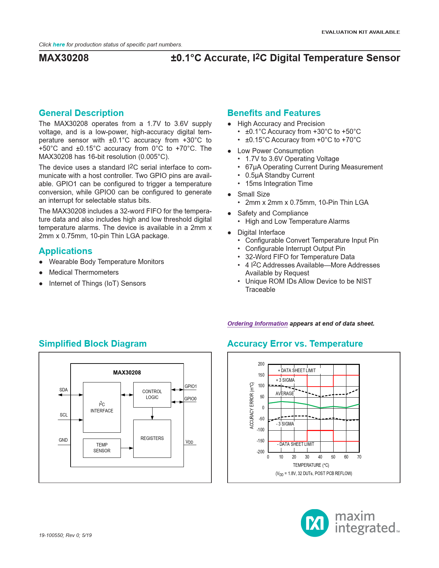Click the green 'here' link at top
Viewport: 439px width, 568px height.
tap(59, 45)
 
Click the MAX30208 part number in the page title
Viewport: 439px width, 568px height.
tap(64, 58)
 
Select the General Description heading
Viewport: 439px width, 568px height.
tap(81, 113)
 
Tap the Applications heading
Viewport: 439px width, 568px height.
tap(65, 251)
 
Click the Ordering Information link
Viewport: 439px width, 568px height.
tap(257, 324)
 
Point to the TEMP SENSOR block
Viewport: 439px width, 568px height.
tap(102, 448)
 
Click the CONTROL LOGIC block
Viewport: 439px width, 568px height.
tap(152, 395)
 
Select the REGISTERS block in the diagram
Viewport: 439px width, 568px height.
tap(152, 438)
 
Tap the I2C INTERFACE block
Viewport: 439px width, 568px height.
tap(102, 407)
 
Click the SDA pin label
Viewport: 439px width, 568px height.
tap(64, 390)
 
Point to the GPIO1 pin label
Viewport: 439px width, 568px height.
tap(190, 386)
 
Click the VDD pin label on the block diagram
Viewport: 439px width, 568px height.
tap(189, 442)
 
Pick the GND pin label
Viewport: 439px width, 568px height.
tap(63, 440)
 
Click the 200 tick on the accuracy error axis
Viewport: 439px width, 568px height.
tap(261, 364)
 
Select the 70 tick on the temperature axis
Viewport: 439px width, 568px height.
tap(359, 457)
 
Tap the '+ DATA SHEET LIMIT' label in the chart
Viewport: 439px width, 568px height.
tap(296, 370)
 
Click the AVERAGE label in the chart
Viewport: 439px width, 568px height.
tap(285, 393)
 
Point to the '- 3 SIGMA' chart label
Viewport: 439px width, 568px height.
tap(285, 424)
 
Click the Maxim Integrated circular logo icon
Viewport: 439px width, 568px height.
tap(315, 523)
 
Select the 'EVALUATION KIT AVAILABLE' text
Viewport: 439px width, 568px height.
tap(360, 32)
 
